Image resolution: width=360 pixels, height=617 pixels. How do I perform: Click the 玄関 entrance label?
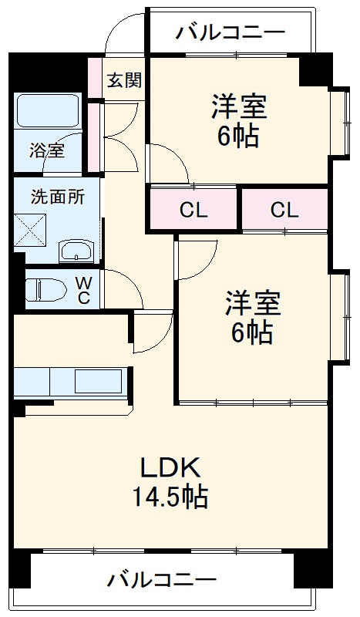[123, 79]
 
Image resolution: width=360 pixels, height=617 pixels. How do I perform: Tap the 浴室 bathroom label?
[47, 150]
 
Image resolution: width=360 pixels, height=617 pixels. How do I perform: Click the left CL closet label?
[193, 210]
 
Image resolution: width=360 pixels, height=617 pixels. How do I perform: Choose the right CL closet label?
[284, 210]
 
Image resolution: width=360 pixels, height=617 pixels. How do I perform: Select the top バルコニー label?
[230, 32]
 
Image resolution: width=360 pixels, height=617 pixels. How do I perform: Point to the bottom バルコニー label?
[162, 579]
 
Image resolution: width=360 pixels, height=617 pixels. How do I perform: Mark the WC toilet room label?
[84, 289]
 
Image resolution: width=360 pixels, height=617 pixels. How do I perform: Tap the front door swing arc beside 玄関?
[119, 31]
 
